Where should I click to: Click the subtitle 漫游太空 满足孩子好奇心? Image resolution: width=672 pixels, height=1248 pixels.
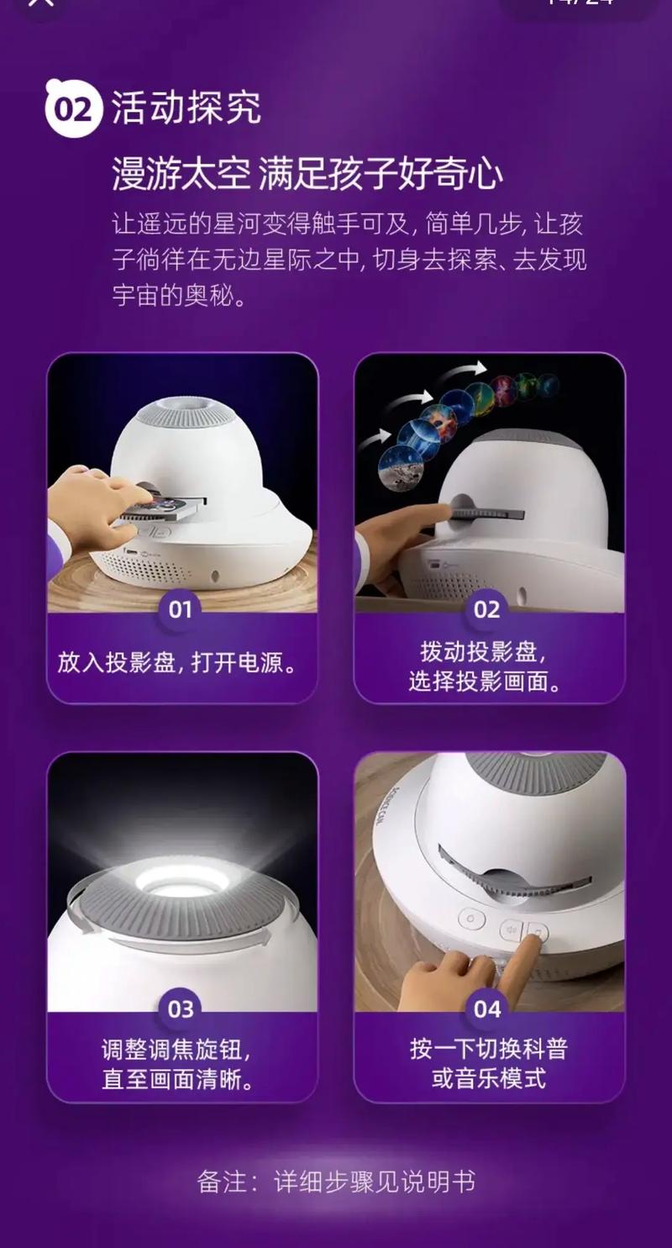(307, 175)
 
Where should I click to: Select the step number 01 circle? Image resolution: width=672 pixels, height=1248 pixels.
(181, 609)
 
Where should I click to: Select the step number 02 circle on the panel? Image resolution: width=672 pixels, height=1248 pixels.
(487, 609)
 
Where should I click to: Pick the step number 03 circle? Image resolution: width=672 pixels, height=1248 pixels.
(181, 1008)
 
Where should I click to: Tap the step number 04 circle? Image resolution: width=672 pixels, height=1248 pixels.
(487, 1008)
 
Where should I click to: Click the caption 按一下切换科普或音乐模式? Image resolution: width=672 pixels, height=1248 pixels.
(488, 1063)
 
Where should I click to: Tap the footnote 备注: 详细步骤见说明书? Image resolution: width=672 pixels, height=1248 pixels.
(336, 1182)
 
